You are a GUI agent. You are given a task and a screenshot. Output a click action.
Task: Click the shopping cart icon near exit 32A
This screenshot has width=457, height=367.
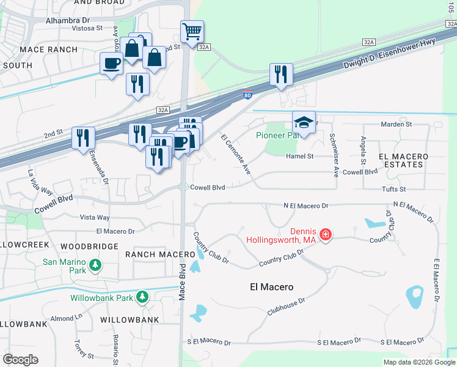(x=192, y=31)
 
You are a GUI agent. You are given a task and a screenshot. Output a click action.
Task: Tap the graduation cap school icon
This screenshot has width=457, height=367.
(x=304, y=122)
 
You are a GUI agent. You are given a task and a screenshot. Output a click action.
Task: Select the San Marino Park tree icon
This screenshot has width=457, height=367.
(x=95, y=265)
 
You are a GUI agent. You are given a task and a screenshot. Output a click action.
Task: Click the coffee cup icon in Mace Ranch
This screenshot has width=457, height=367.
(x=111, y=63)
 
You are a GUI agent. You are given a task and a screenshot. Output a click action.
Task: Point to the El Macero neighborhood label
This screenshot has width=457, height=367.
(x=272, y=286)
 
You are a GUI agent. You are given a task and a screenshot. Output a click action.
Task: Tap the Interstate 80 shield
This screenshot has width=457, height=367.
(x=247, y=95)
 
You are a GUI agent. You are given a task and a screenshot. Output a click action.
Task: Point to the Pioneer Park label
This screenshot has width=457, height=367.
(x=279, y=135)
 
